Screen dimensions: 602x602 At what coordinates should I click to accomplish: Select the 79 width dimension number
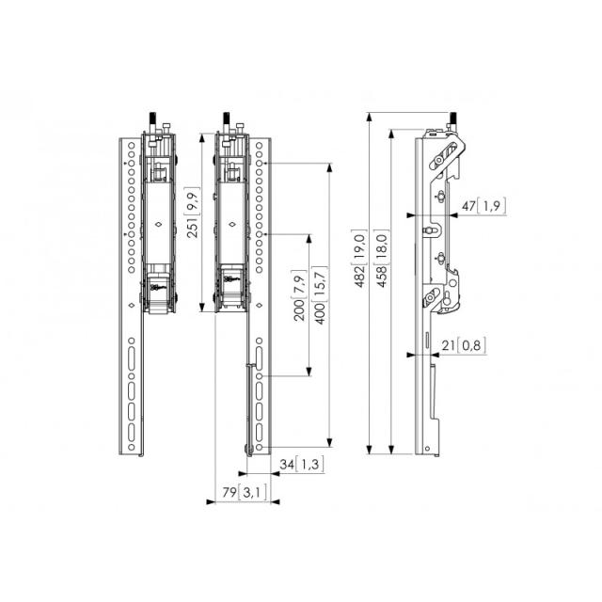229,493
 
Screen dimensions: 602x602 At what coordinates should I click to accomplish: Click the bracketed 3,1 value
252,493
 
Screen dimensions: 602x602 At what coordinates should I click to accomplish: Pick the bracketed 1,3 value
311,464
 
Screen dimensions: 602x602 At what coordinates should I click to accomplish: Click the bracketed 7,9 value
297,282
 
